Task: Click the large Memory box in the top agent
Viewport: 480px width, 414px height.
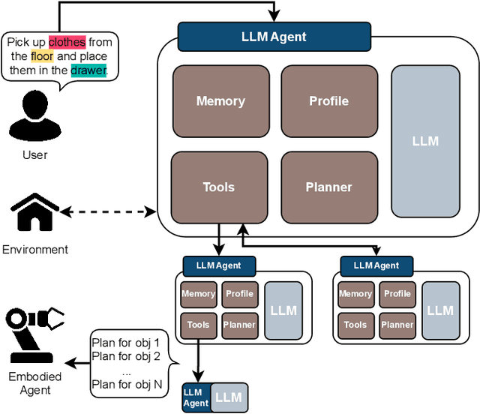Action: pyautogui.click(x=220, y=101)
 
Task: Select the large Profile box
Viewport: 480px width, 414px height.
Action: pyautogui.click(x=328, y=101)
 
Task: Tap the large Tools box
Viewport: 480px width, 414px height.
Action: pyautogui.click(x=218, y=187)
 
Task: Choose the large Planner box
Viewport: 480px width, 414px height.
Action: pyautogui.click(x=328, y=187)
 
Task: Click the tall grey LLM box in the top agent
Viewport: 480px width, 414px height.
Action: pyautogui.click(x=425, y=141)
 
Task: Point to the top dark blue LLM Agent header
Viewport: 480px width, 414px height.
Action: pyautogui.click(x=274, y=36)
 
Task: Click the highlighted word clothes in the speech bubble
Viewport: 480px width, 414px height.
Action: pyautogui.click(x=67, y=42)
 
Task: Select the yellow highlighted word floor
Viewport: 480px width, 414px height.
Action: pyautogui.click(x=43, y=56)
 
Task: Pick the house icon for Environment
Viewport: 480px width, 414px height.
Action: pyautogui.click(x=34, y=213)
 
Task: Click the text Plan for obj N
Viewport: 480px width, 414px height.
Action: pyautogui.click(x=125, y=385)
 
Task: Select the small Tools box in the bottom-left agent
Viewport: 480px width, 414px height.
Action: pyautogui.click(x=199, y=325)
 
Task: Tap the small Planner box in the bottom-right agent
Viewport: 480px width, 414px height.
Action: pyautogui.click(x=397, y=325)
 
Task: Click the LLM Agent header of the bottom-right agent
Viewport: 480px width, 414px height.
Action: pyautogui.click(x=376, y=265)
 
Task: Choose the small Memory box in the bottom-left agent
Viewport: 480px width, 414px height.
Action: pyautogui.click(x=199, y=294)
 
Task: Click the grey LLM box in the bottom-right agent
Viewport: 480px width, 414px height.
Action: pyautogui.click(x=440, y=310)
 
